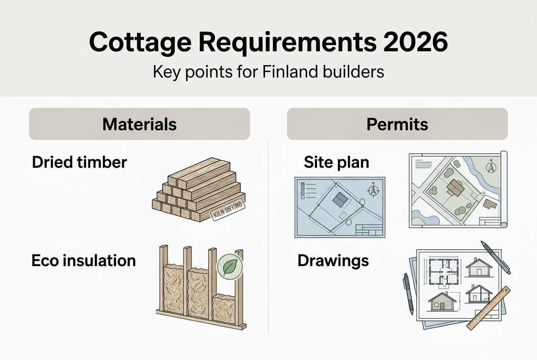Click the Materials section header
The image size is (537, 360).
[139, 124]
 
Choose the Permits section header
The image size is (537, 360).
[397, 124]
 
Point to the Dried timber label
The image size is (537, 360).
[79, 162]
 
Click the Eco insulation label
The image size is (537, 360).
[84, 260]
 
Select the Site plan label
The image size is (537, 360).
[336, 162]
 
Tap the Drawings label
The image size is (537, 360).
[333, 260]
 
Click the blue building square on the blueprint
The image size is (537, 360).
[339, 200]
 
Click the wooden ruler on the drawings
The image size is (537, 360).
[489, 308]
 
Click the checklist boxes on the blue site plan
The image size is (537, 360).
[302, 191]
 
